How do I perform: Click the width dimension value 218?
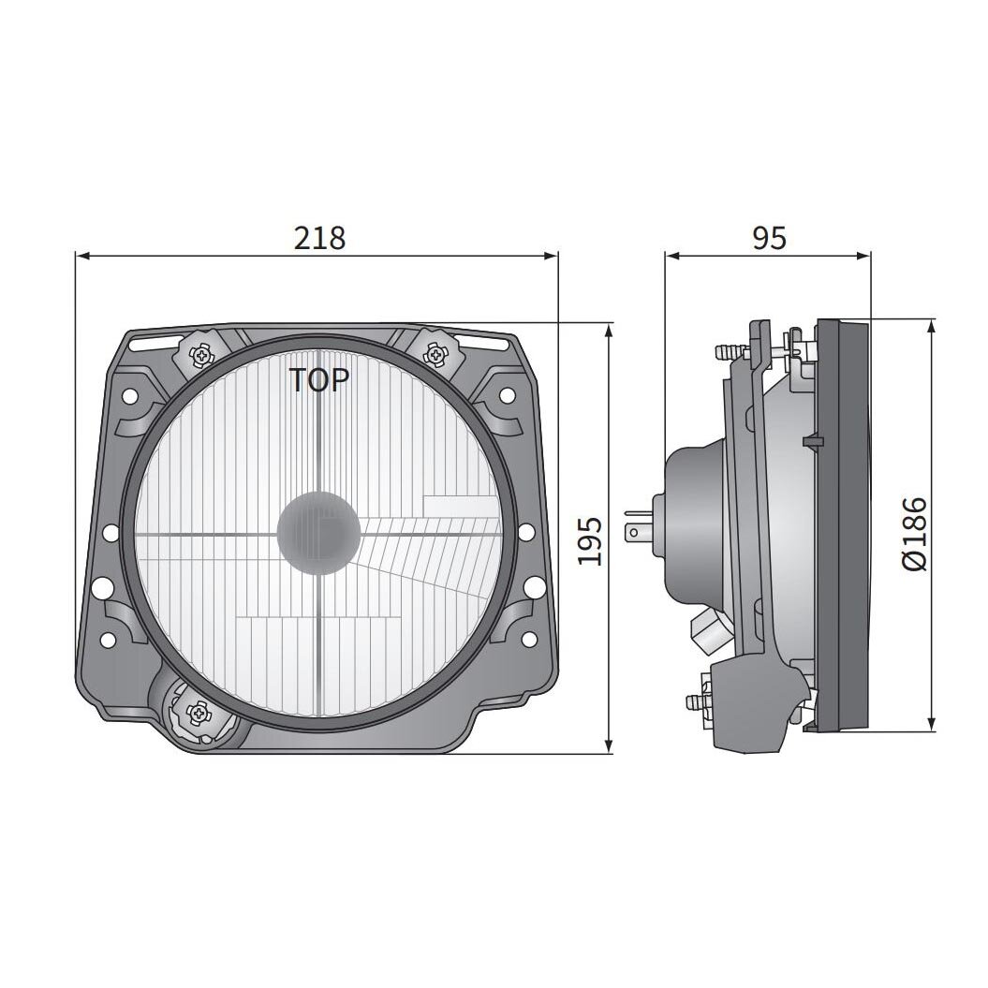(319, 238)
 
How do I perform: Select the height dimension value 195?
(589, 540)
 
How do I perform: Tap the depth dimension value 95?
(769, 238)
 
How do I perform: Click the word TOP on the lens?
(318, 380)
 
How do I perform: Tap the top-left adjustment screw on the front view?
(202, 355)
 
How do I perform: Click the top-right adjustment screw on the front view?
(435, 354)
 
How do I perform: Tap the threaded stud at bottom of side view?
(696, 701)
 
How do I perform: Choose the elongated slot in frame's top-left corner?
(150, 342)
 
